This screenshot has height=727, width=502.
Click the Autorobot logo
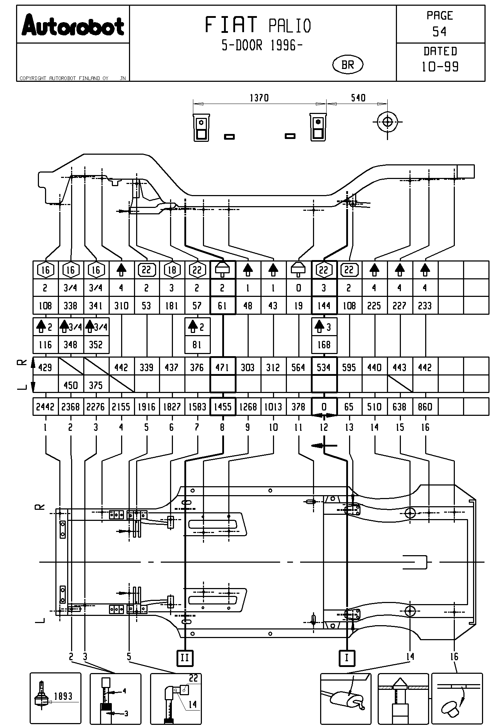[73, 25]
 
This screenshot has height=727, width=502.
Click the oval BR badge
[348, 65]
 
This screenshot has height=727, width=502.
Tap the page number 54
[439, 32]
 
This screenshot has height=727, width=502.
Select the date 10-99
[440, 67]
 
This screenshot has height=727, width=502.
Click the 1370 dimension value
[259, 98]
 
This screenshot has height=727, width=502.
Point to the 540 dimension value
[358, 98]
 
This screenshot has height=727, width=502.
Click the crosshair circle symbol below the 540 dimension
[387, 122]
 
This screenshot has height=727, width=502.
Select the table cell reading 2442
[45, 407]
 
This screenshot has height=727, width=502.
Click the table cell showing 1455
[223, 407]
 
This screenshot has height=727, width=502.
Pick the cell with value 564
[298, 368]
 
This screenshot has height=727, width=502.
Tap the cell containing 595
[349, 368]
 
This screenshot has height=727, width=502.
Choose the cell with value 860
[425, 407]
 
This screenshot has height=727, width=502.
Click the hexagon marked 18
[172, 270]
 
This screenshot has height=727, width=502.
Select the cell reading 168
[324, 345]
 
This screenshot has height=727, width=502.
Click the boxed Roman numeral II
[185, 658]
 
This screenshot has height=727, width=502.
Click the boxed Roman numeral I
[347, 658]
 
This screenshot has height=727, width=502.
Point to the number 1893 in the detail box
[63, 696]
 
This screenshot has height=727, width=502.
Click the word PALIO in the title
[290, 26]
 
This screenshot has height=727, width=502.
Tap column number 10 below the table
[273, 427]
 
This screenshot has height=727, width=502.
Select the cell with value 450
[70, 385]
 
